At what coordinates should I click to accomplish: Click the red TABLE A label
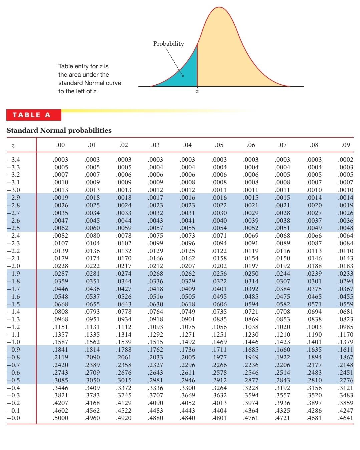tap(32, 115)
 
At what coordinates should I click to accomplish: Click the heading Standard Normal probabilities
tap(59, 130)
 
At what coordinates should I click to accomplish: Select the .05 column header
tap(219, 145)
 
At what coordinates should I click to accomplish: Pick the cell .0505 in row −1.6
tap(188, 297)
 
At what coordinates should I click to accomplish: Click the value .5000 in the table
tap(60, 418)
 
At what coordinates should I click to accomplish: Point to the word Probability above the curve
tap(168, 44)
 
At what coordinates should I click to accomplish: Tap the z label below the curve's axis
tap(197, 91)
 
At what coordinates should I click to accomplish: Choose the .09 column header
tap(346, 145)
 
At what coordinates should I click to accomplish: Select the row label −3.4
tap(13, 160)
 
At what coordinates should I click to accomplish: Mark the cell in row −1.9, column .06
tap(251, 274)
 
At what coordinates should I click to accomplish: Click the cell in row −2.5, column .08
tap(314, 228)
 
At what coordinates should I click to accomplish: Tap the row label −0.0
tap(13, 418)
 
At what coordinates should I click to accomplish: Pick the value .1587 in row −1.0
tap(60, 342)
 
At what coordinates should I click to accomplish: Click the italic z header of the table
tap(13, 145)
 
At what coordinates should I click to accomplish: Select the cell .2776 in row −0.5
tap(346, 380)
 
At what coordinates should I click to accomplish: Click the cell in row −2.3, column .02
tap(124, 243)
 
